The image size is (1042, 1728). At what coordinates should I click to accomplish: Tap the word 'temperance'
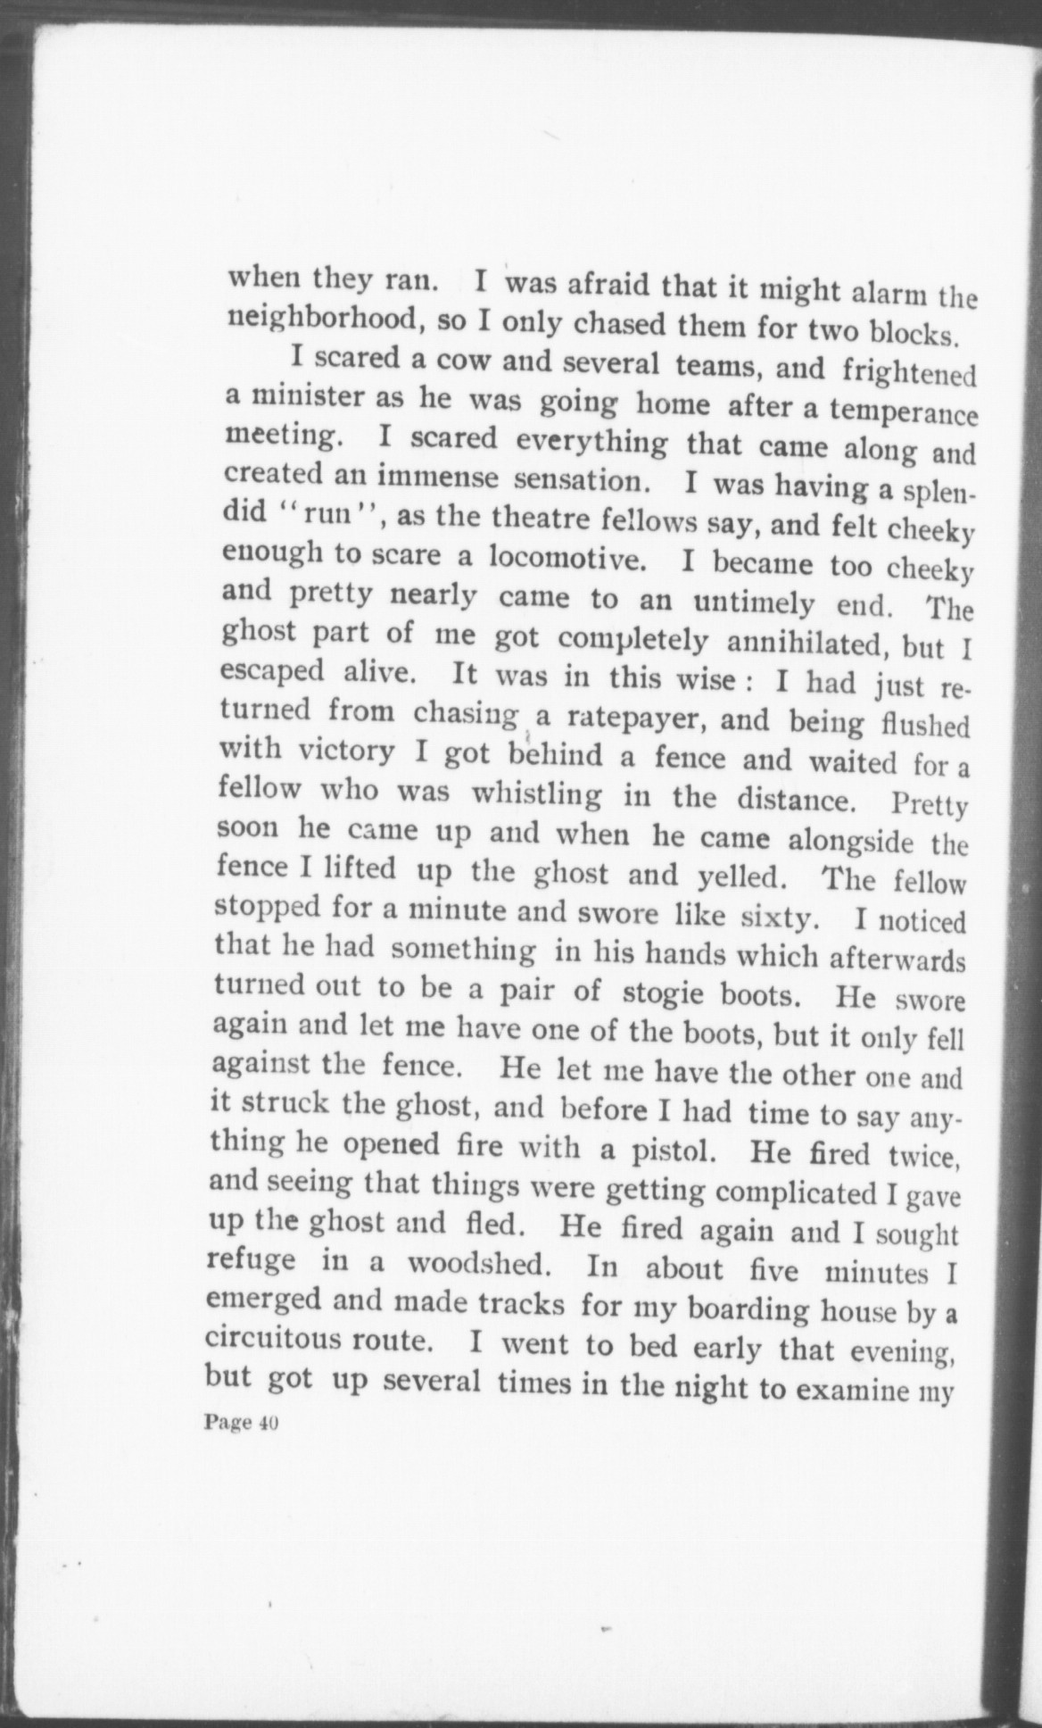point(904,412)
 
